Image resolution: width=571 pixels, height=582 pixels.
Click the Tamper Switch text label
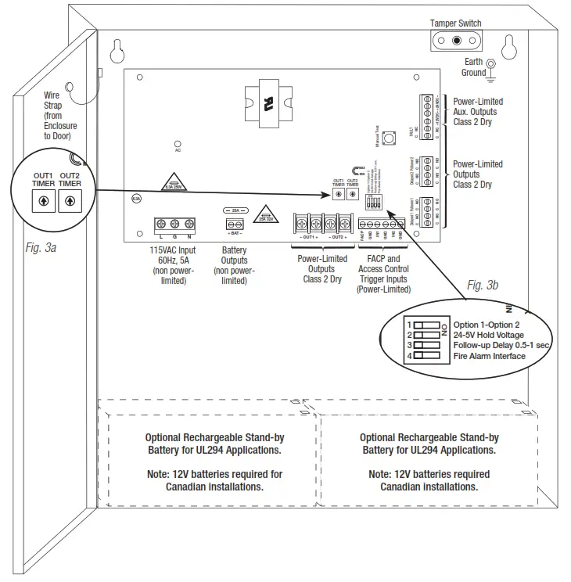click(x=456, y=23)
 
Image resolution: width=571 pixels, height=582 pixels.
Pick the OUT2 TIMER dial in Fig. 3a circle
click(x=70, y=200)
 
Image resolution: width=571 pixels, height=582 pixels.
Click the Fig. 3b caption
click(x=483, y=286)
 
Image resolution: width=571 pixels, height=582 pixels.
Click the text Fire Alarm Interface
click(x=490, y=357)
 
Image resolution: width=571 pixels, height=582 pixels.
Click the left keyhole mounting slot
click(x=115, y=50)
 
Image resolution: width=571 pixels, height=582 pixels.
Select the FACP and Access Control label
click(x=383, y=269)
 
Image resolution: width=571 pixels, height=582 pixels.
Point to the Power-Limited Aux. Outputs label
click(x=478, y=112)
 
